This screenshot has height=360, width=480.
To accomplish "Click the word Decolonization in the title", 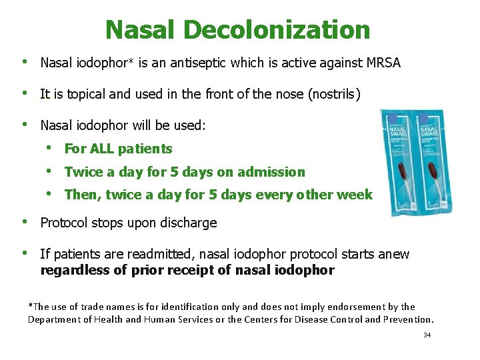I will (x=277, y=30).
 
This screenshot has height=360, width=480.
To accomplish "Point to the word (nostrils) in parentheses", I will (x=334, y=94).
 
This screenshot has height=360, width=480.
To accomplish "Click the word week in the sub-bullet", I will (x=355, y=195).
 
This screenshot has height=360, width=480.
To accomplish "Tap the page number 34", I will (x=427, y=335).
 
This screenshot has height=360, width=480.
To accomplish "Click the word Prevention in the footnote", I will (x=406, y=319).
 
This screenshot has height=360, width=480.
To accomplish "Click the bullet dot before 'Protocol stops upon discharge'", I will (x=24, y=222).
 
